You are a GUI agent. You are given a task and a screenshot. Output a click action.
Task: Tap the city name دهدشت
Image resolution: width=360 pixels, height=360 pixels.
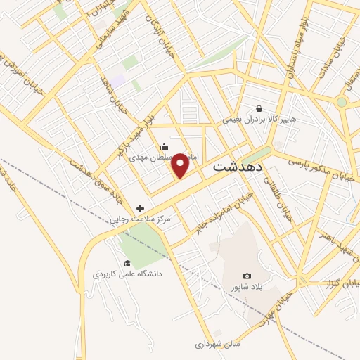coord(238,168)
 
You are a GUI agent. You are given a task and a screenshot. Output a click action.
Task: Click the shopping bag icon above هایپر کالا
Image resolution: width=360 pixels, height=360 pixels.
coord(259,109)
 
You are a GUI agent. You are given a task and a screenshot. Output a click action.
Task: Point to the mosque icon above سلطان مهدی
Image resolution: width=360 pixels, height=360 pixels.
coord(164,146)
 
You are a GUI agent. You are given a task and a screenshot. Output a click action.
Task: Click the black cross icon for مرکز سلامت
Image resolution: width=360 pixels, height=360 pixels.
coord(140,208)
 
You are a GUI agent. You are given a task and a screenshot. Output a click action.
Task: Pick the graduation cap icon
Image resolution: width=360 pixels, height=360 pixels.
coord(127,264)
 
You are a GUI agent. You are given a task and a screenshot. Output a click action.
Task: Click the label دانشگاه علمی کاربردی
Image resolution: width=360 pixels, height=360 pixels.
coord(127,274)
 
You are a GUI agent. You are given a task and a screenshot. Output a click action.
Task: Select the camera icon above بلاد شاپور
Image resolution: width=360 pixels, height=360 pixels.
coord(246,276)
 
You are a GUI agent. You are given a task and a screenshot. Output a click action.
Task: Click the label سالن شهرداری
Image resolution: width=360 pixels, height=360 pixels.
coord(217,345)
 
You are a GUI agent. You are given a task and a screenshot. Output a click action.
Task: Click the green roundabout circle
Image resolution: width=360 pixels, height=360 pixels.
coord(342,102)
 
